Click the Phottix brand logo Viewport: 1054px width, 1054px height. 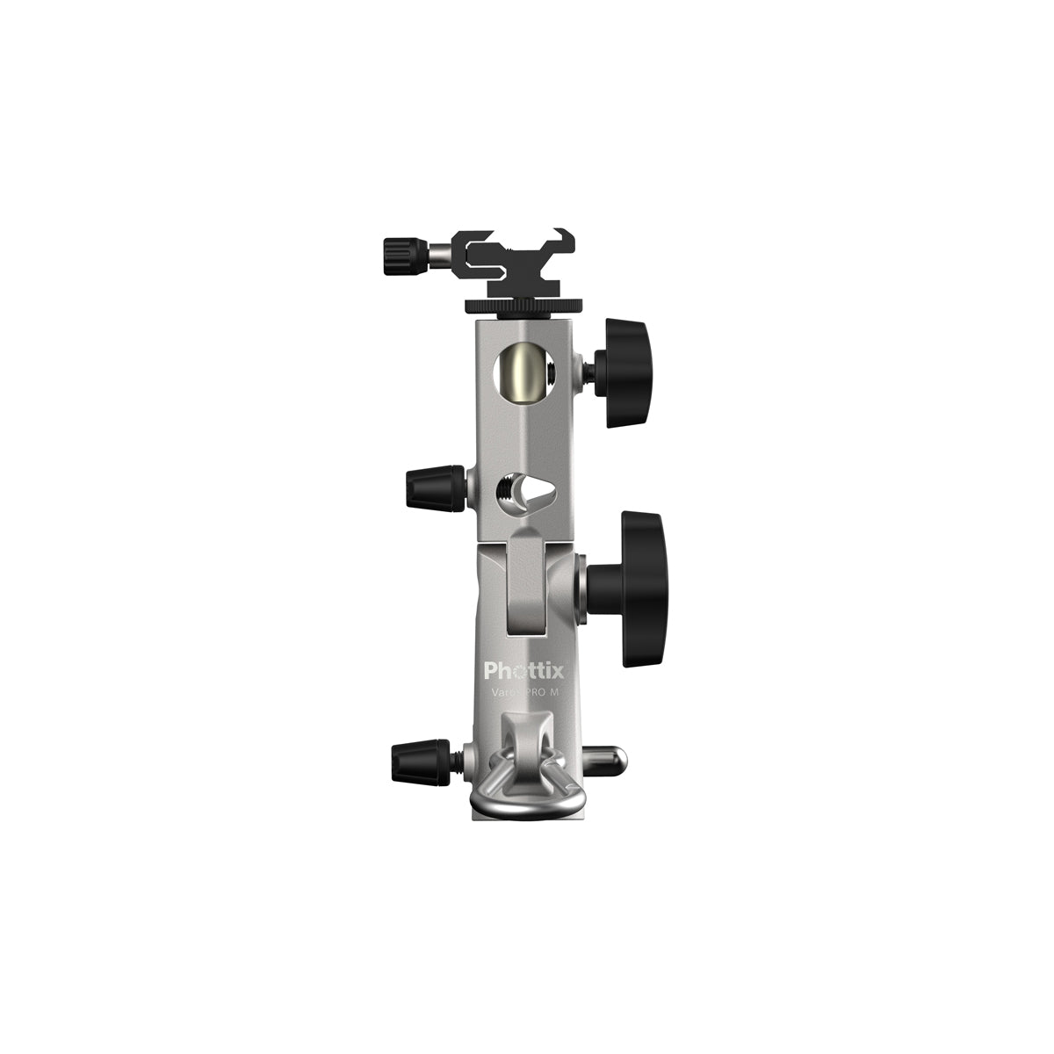(524, 672)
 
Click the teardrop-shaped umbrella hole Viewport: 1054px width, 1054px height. (524, 497)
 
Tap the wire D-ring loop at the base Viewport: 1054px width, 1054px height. (524, 796)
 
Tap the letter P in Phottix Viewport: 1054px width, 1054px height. (492, 672)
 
